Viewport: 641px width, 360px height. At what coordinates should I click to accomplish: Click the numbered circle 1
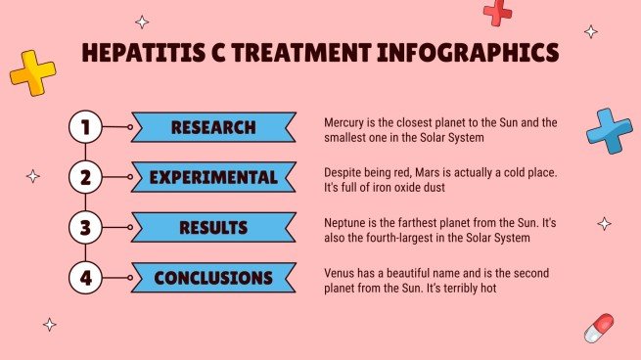85,127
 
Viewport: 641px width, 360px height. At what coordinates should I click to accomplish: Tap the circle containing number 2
85,178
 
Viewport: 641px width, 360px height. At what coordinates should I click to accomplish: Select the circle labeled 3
85,228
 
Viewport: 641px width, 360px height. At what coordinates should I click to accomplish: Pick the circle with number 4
85,279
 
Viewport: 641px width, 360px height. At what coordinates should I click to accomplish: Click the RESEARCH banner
213,127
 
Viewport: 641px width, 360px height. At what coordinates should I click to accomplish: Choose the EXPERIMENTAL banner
213,178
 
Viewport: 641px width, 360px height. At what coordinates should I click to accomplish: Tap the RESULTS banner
213,228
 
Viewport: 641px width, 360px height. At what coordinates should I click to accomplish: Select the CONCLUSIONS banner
213,279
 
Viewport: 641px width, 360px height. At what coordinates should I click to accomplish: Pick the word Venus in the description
342,273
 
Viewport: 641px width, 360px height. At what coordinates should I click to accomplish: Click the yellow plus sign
32,73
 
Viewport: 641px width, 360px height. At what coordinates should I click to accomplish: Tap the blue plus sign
608,130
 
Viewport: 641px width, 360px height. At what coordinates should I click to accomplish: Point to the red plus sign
498,12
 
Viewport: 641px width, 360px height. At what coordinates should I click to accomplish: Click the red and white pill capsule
599,329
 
